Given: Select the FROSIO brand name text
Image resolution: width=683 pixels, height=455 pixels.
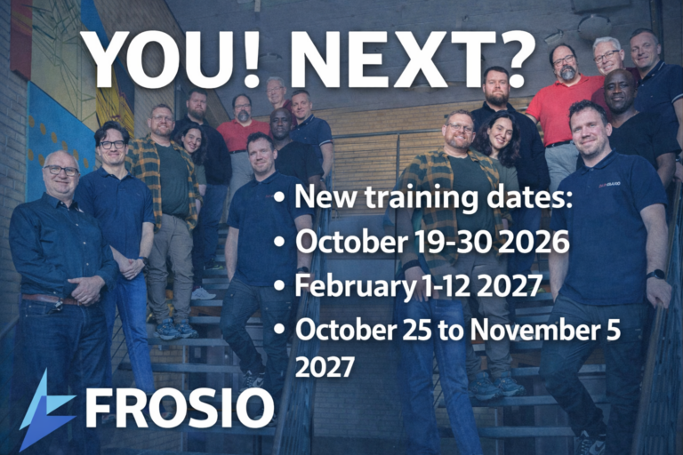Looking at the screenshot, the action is [x=180, y=407].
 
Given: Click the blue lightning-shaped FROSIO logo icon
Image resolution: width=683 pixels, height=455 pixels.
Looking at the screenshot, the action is [x=45, y=410].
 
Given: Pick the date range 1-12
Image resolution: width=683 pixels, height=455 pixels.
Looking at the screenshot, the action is [x=447, y=285].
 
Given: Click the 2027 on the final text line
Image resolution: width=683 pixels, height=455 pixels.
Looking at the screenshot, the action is [x=325, y=367].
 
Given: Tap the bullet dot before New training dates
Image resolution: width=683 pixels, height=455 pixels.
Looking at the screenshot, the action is [x=279, y=197].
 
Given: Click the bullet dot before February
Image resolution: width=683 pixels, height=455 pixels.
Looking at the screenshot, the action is [x=279, y=286].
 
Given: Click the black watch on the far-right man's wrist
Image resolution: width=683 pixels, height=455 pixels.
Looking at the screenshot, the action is [x=655, y=275].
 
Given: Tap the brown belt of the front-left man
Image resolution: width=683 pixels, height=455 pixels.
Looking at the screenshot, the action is [x=49, y=299].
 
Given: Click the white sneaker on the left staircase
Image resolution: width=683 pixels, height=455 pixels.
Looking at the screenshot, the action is [x=203, y=293].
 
